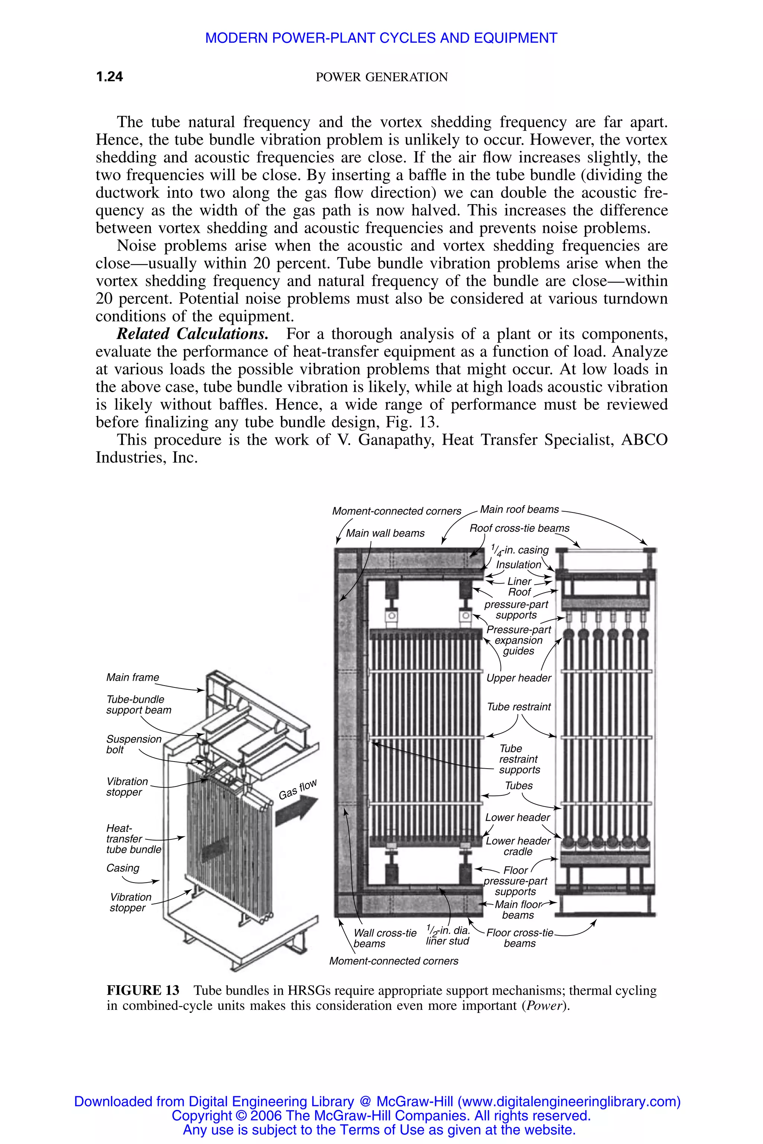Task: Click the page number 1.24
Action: tap(110, 76)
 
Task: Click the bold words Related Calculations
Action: tap(192, 334)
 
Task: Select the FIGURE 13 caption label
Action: tap(143, 990)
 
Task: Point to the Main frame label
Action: tap(132, 677)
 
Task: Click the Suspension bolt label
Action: tap(133, 744)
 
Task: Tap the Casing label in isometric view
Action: tap(123, 868)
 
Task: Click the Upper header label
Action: tap(519, 678)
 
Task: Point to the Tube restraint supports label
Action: tap(519, 759)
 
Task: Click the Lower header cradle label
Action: tap(518, 846)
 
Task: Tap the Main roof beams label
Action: tap(519, 509)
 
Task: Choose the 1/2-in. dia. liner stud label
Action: tap(448, 935)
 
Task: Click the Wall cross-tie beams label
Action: tap(384, 938)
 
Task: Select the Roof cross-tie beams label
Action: tap(519, 528)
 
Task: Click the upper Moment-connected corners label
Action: tap(396, 511)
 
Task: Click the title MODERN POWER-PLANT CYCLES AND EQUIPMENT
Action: tap(381, 38)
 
